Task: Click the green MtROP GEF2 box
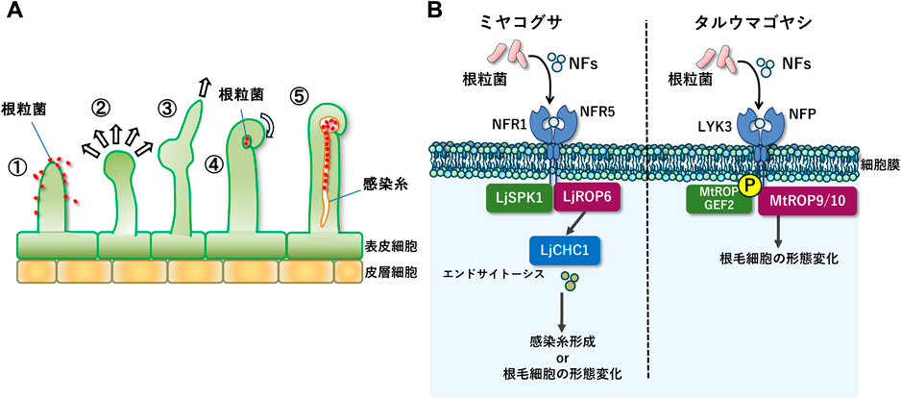pyautogui.click(x=716, y=200)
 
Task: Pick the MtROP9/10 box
pyautogui.click(x=806, y=200)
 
